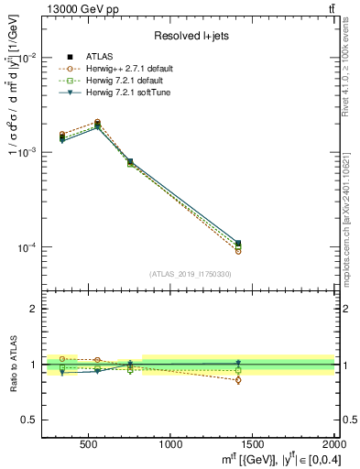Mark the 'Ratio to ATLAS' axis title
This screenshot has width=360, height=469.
12,365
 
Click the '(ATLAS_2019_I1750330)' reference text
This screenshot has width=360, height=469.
190,274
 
